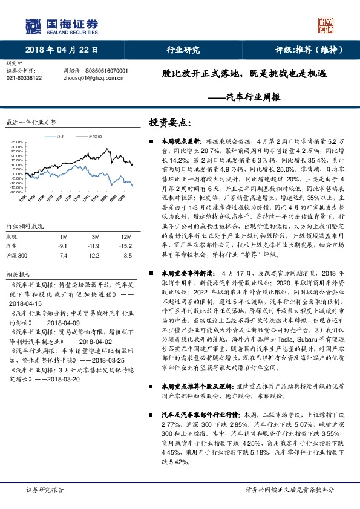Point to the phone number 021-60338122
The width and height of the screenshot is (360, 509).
tap(24, 78)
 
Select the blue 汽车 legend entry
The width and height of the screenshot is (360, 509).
tap(57, 137)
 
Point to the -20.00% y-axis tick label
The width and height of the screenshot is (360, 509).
tap(16, 192)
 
